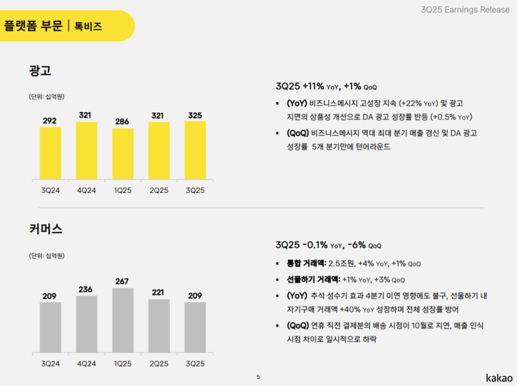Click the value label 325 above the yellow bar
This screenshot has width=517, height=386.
coord(195,116)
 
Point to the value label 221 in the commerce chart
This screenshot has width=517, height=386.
coord(159,292)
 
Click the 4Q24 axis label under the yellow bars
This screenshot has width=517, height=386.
coord(87,190)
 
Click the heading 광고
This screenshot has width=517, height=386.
coord(40,70)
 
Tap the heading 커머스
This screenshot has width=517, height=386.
coord(45,229)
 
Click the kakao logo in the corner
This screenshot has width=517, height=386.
coord(499,377)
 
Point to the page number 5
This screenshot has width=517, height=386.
coord(258,377)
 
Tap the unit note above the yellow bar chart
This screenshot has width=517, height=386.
coord(46,97)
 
